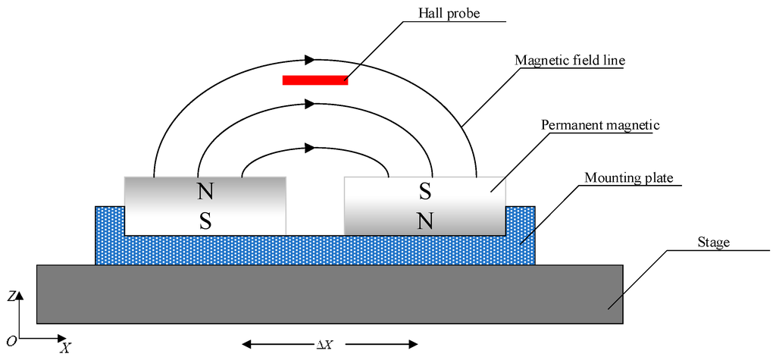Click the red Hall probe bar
(315, 80)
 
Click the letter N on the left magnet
(205, 191)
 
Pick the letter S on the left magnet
(205, 220)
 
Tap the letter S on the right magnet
(425, 191)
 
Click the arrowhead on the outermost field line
(309, 58)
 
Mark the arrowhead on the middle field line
(309, 107)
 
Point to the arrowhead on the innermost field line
(309, 147)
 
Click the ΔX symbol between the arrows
(324, 345)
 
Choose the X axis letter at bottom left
(66, 349)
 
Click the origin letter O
(11, 340)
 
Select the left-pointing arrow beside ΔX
(273, 345)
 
